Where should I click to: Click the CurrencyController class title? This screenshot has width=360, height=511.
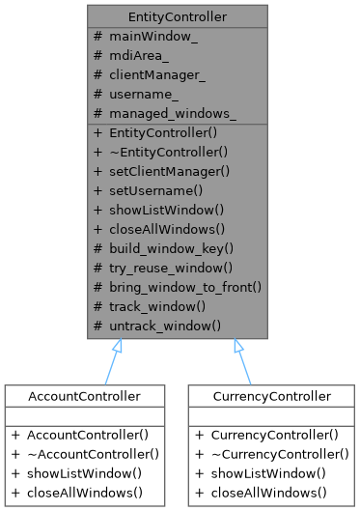(271, 395)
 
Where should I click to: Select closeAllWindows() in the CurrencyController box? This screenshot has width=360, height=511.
(266, 493)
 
